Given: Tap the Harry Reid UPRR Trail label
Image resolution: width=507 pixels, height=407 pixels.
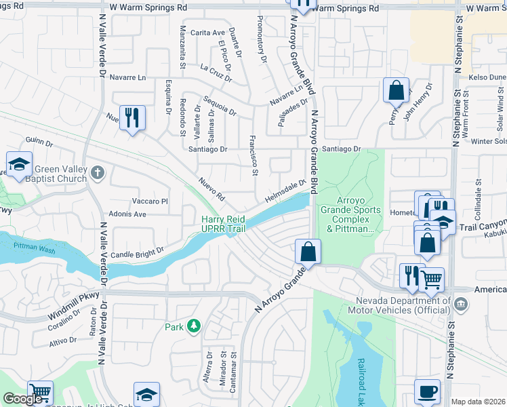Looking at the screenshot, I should point(223,224).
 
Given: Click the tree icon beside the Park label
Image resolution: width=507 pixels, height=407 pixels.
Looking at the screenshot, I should point(194,326).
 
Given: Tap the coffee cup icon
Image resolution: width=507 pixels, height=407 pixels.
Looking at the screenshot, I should point(427,391).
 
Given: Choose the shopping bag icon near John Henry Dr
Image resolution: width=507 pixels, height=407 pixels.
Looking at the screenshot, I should point(396,90).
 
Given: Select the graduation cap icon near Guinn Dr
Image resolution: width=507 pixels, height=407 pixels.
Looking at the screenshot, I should point(19,164).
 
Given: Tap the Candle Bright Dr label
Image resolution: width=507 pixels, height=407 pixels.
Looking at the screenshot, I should point(142,250).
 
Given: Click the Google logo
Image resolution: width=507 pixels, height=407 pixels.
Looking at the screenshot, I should point(22,398).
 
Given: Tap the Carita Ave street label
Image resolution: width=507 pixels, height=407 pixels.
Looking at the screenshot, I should point(207,33).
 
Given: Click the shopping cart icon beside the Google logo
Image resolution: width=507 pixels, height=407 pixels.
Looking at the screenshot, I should point(41,393).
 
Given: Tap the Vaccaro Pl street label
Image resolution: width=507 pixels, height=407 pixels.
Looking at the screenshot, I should point(150,201).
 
